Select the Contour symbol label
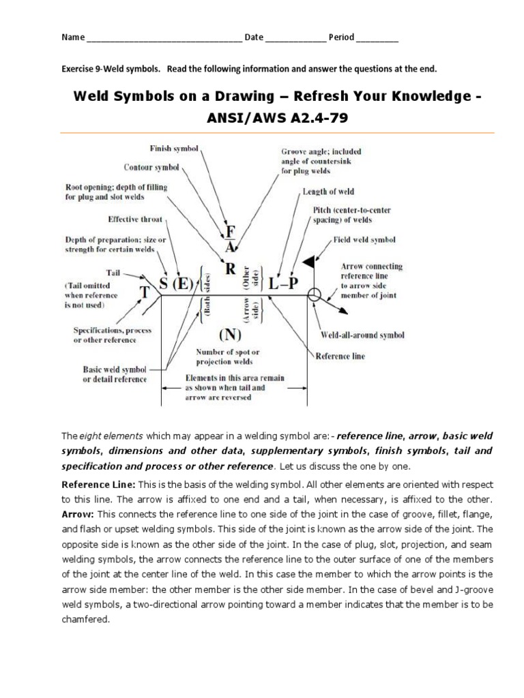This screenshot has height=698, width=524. coord(151,166)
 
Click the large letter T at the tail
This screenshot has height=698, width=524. coord(145,293)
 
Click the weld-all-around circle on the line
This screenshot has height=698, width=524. coord(314,295)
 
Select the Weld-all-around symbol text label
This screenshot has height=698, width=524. coord(362,335)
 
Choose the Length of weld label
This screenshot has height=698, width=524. coord(328,192)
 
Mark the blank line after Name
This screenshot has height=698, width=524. coord(163,38)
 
